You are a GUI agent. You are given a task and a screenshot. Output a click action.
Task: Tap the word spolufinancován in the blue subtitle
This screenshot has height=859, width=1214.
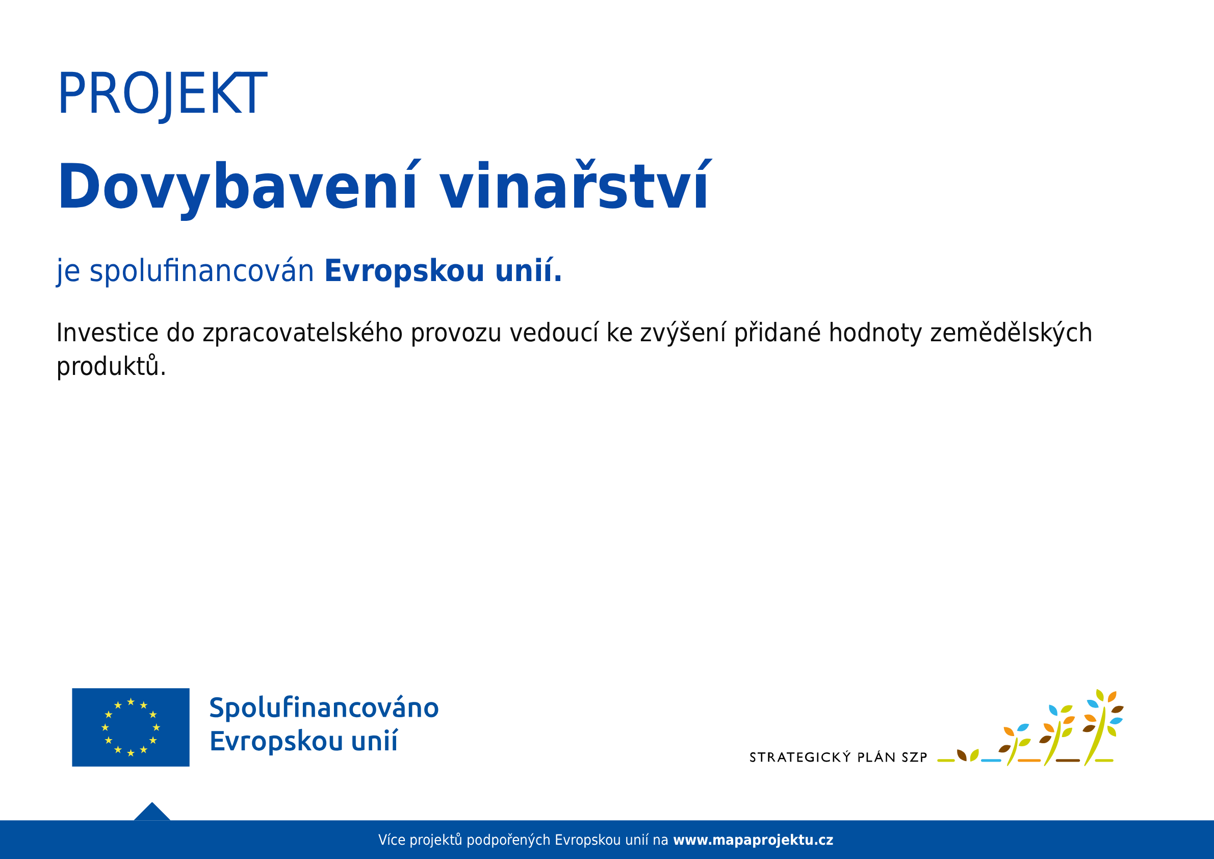(202, 272)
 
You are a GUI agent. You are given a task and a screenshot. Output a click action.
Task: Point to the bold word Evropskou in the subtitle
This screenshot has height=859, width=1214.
(404, 272)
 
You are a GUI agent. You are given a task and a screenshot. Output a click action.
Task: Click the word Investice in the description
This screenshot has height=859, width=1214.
(108, 333)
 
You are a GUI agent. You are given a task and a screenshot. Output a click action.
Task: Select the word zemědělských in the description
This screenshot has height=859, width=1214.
(1011, 333)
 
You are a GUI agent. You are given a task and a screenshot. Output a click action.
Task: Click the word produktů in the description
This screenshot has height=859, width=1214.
(108, 366)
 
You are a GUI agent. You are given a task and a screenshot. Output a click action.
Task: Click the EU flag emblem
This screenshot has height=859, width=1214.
(131, 727)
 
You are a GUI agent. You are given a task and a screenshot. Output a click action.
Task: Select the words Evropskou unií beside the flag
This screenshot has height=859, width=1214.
(303, 741)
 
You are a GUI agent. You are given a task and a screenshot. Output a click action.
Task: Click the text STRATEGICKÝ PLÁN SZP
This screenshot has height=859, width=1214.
(839, 757)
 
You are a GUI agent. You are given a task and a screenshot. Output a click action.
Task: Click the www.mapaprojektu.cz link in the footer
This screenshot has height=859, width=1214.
(753, 840)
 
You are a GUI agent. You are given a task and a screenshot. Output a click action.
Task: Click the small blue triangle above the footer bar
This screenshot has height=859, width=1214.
(152, 812)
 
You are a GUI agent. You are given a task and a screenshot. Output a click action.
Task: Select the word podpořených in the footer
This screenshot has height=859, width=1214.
(508, 841)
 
